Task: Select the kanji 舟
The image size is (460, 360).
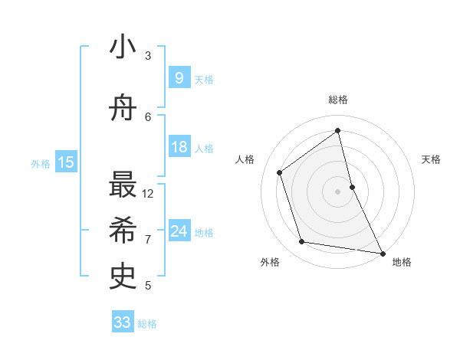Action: point(123,109)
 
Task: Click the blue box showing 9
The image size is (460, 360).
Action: point(179,78)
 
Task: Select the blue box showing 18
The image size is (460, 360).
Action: point(179,147)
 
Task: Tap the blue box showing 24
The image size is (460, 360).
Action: point(179,231)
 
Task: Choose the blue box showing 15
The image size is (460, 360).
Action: point(66,162)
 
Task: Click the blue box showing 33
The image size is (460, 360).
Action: point(123,322)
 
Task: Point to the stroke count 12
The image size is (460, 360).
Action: point(149,193)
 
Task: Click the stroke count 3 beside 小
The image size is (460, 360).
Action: point(148,55)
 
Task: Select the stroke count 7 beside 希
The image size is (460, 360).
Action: point(148,239)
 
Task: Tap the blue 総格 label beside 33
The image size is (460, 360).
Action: point(147,324)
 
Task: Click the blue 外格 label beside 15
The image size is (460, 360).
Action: point(41,163)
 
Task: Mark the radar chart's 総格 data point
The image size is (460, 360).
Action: point(338,131)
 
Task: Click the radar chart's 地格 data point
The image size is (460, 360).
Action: point(382,252)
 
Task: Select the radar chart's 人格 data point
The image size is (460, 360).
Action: point(280,172)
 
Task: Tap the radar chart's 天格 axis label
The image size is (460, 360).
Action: point(432,159)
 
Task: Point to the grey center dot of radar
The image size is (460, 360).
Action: point(338,191)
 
